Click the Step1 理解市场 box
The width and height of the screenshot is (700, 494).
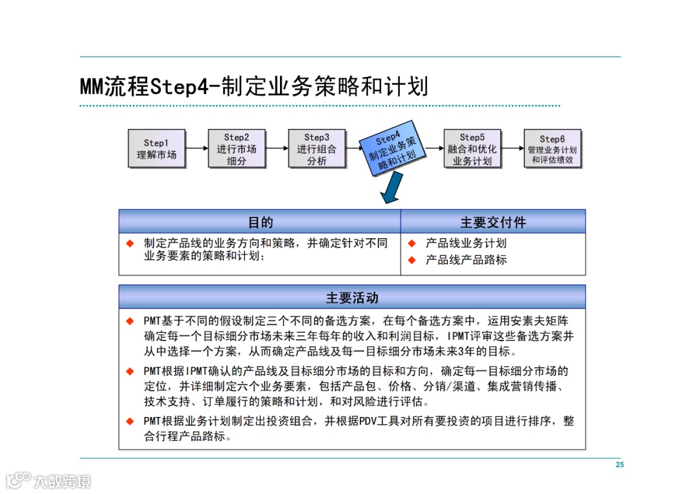click(156, 149)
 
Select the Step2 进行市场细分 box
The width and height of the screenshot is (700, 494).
click(237, 149)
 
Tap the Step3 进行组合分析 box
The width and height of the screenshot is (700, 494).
click(317, 149)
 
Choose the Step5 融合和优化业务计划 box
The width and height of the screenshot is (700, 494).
click(472, 149)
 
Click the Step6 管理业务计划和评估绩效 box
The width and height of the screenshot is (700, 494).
click(552, 149)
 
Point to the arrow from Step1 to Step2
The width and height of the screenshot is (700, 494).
click(197, 148)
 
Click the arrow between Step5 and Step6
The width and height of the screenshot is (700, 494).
click(513, 148)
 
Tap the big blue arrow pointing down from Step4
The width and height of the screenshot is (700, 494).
click(390, 190)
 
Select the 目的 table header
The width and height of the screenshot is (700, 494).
click(260, 222)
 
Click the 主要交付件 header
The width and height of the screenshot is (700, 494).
click(493, 222)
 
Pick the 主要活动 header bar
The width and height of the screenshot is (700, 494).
click(352, 298)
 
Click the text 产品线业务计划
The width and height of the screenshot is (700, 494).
click(465, 243)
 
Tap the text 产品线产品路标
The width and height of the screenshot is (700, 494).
click(465, 260)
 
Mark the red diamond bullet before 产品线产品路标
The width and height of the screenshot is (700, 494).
click(411, 260)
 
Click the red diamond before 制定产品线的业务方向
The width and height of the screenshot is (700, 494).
click(130, 243)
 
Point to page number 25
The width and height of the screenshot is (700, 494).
click(620, 465)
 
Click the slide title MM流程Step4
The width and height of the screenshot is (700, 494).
click(253, 86)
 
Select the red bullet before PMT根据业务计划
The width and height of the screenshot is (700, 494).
click(130, 421)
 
